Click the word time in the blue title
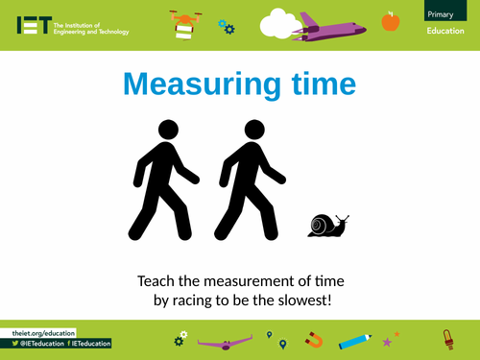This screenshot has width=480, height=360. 318,84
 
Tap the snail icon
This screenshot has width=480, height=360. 327,225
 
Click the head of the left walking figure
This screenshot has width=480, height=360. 168,130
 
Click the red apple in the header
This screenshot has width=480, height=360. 390,21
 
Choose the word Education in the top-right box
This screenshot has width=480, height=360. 446,33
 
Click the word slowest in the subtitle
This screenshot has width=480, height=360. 301,300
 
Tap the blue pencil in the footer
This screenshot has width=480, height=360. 355,339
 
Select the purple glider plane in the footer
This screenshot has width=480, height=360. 227,339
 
